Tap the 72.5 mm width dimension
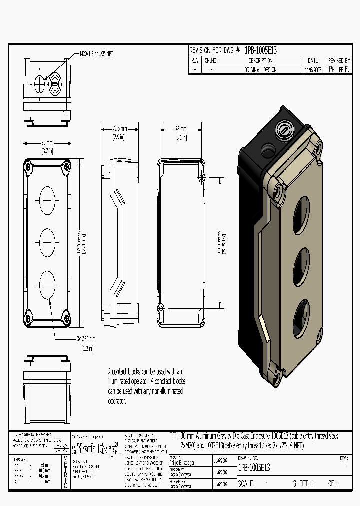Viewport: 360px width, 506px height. [x=118, y=129]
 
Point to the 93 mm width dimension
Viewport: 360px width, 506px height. [x=47, y=143]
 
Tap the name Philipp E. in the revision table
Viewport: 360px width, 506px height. [x=339, y=70]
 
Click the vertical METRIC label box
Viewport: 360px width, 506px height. [x=65, y=473]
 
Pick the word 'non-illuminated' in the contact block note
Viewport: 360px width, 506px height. [x=163, y=391]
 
